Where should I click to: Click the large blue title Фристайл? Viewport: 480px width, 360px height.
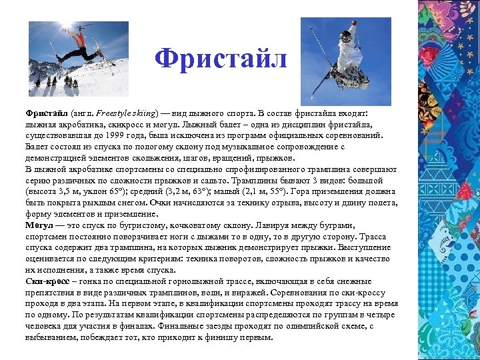(221, 59)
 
